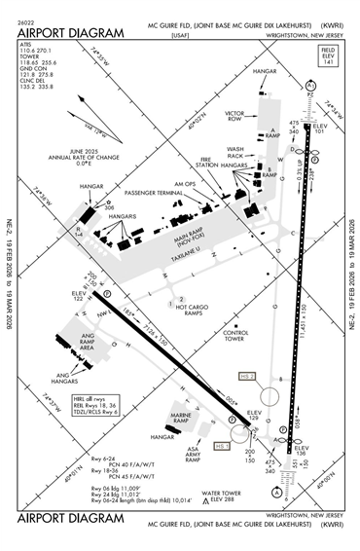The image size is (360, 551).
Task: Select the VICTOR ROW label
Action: (x=234, y=116)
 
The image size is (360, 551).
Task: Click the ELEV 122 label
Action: (x=80, y=296)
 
